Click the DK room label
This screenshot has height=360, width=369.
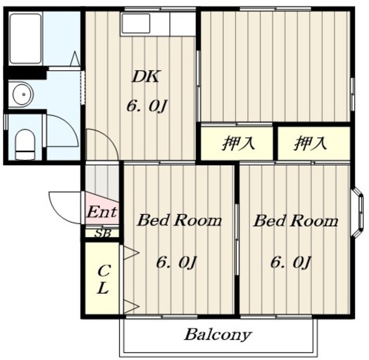point(145,77)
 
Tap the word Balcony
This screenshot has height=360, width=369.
point(218,335)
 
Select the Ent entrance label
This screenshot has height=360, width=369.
point(101,212)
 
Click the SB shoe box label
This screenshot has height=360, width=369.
point(103,233)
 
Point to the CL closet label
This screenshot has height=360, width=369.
point(103,279)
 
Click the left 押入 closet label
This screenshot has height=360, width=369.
point(238,143)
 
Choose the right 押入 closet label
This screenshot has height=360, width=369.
point(310,143)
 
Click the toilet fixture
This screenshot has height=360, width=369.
point(25,145)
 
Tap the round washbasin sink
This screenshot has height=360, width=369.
point(22,94)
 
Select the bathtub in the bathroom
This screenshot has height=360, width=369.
point(25,39)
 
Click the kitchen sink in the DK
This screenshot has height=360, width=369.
point(135,23)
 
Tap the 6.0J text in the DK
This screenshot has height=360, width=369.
point(146,106)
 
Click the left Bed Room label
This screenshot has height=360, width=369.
point(179,221)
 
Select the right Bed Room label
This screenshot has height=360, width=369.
point(296,221)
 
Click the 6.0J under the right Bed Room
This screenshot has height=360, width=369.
point(291,262)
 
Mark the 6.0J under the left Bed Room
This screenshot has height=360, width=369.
point(176,262)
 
